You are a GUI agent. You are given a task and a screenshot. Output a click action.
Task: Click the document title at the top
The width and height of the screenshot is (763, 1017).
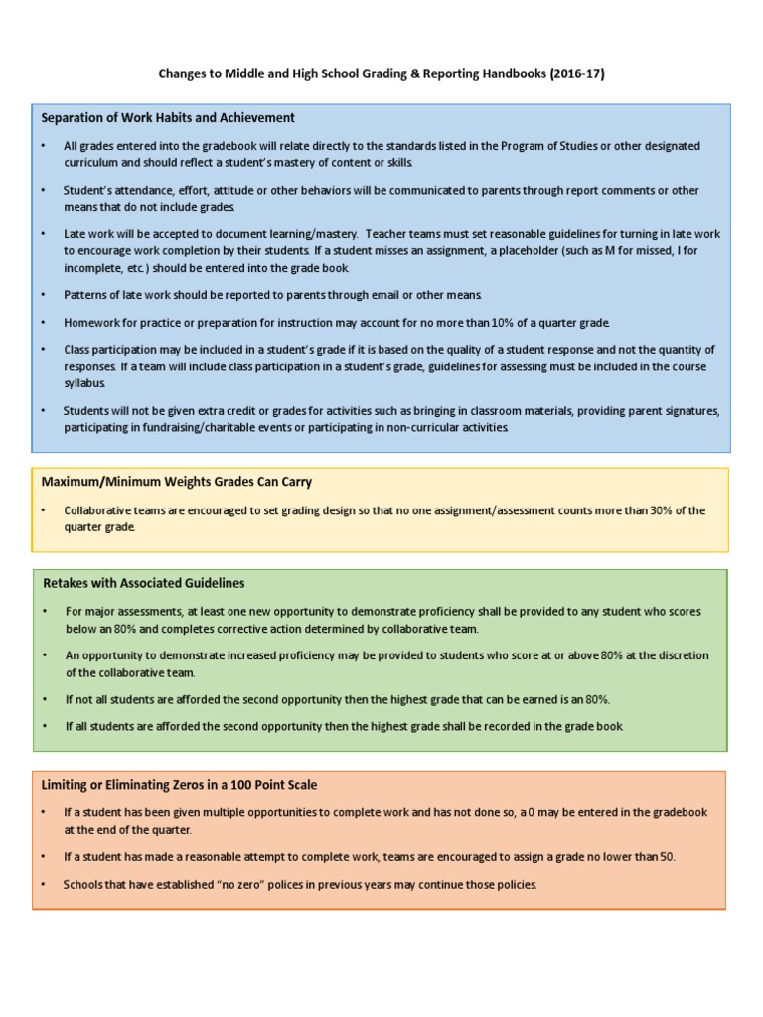pyautogui.click(x=381, y=75)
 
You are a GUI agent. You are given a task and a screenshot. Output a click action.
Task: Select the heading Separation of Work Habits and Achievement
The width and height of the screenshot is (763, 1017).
pyautogui.click(x=168, y=118)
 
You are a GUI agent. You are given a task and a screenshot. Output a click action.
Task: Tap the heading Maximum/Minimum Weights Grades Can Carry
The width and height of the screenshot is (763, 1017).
pyautogui.click(x=177, y=482)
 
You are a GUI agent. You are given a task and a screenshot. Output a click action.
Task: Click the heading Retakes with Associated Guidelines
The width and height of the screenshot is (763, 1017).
pyautogui.click(x=144, y=583)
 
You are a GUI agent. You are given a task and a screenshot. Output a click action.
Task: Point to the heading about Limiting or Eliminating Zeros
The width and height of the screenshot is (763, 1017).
pyautogui.click(x=180, y=785)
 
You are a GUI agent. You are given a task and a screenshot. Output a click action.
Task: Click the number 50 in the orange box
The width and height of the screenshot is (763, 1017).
pyautogui.click(x=665, y=857)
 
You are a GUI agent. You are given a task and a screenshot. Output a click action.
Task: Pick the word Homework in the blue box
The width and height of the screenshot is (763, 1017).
pyautogui.click(x=92, y=323)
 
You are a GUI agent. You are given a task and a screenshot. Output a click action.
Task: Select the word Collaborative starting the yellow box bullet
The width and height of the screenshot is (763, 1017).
pyautogui.click(x=99, y=510)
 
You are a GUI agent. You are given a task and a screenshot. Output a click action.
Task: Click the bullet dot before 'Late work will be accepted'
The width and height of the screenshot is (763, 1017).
pyautogui.click(x=44, y=234)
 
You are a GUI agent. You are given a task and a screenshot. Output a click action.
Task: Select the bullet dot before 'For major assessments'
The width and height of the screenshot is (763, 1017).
pyautogui.click(x=44, y=612)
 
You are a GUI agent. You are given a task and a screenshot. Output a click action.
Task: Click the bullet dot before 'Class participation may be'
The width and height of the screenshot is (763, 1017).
pyautogui.click(x=44, y=350)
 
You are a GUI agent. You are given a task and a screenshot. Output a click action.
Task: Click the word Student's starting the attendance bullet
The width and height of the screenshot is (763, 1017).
pyautogui.click(x=87, y=190)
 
